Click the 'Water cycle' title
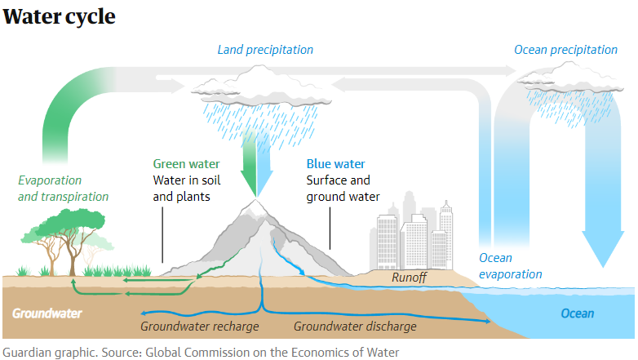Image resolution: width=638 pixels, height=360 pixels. click(x=59, y=16)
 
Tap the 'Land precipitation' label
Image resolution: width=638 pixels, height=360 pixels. click(x=265, y=50)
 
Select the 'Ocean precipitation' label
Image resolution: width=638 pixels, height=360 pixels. click(x=565, y=50)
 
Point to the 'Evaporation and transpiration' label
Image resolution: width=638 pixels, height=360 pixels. click(x=63, y=189)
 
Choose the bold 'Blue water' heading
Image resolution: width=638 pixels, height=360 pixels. click(x=335, y=164)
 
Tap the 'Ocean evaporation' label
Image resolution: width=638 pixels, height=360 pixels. click(x=510, y=266)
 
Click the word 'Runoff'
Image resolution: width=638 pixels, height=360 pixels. click(x=409, y=278)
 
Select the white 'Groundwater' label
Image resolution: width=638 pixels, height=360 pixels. click(x=47, y=313)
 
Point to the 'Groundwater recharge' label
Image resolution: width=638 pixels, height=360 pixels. click(x=199, y=327)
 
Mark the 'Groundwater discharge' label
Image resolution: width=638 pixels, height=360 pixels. click(x=355, y=327)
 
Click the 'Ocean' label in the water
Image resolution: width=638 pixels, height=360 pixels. click(x=577, y=313)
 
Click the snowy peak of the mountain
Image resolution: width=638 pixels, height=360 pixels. click(x=256, y=207)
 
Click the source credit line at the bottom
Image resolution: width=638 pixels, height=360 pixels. click(x=201, y=352)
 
